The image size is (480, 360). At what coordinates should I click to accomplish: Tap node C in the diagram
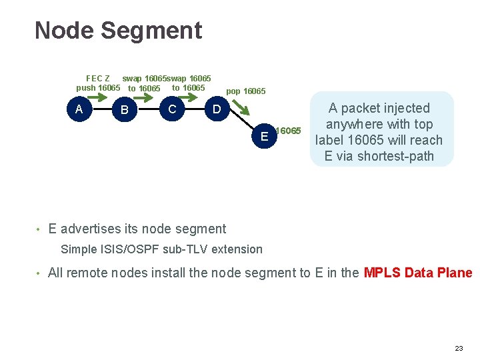coord(172,109)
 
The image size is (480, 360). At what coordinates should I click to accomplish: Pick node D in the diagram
coord(216,109)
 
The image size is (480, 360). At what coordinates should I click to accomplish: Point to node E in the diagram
coord(265,136)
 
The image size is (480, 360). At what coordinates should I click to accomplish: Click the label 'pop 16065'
coord(245,91)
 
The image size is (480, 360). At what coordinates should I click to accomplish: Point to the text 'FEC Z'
coord(98,79)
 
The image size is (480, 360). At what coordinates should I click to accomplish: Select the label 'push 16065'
coord(98,88)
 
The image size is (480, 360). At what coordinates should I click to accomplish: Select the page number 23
coord(458,349)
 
